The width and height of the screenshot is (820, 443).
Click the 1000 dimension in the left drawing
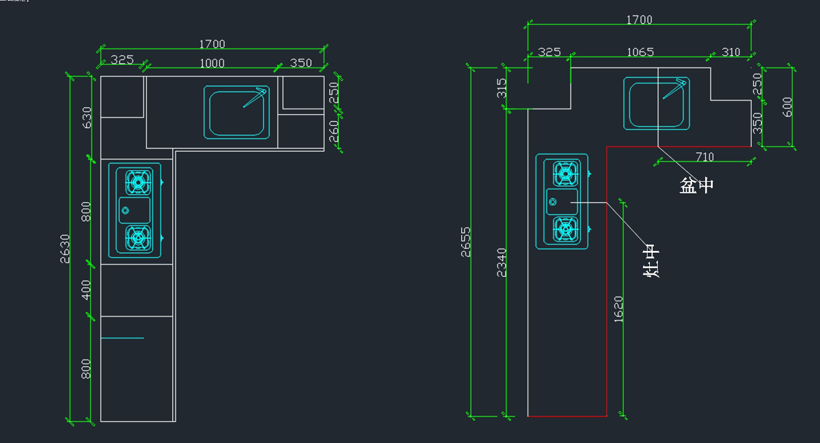(x=212, y=63)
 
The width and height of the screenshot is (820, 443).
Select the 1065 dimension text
(x=640, y=52)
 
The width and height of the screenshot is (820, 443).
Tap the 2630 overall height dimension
(x=66, y=247)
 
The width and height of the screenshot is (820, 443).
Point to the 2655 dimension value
(x=465, y=242)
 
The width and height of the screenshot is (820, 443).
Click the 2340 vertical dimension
(x=502, y=262)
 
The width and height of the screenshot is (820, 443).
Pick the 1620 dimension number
(x=618, y=309)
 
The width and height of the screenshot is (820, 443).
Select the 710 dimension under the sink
(x=705, y=157)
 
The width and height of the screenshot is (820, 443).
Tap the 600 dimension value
(x=787, y=107)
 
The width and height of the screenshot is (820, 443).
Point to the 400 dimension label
(x=86, y=290)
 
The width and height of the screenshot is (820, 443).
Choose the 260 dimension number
(x=334, y=131)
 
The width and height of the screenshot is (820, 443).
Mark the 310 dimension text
(x=730, y=52)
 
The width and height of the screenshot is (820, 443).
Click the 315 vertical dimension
(x=502, y=88)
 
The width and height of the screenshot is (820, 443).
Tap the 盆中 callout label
(x=696, y=185)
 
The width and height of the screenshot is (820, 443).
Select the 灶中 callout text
(x=652, y=260)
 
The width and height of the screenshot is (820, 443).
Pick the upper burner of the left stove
(x=138, y=182)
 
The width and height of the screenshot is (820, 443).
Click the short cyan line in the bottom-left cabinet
(x=122, y=338)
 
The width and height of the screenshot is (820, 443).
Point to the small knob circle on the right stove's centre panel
(x=553, y=202)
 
